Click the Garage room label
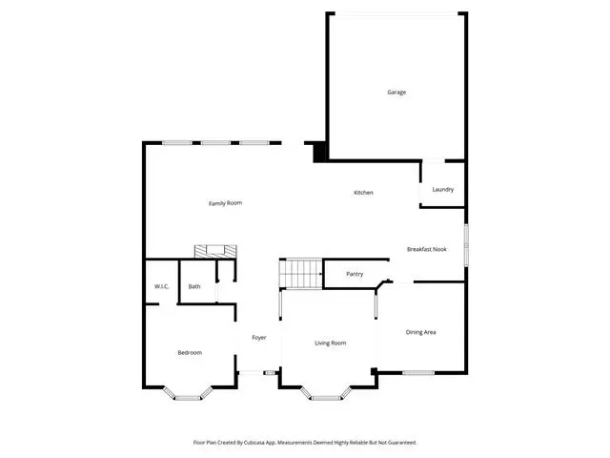point(396,93)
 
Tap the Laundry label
point(442,189)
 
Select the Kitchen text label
point(363,193)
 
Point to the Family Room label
point(225,203)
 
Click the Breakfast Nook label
point(427,249)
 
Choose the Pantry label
point(355,274)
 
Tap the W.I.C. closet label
point(161,286)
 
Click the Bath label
point(194,286)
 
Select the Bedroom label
point(190,353)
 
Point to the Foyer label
point(259,338)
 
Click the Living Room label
point(331,343)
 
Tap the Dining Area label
point(420,332)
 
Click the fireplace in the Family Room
point(215,251)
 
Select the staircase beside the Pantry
point(301,274)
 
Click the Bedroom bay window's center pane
point(187,398)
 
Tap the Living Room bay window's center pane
point(326,398)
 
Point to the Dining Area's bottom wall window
point(418,373)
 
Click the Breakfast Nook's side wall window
point(466,245)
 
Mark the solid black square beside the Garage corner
point(319,153)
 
